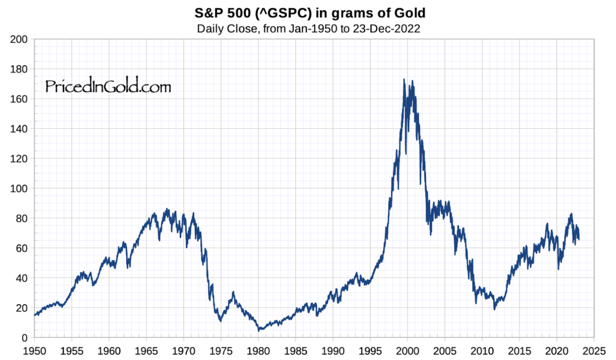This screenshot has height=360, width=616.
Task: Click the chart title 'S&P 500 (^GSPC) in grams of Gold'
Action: [x=307, y=12]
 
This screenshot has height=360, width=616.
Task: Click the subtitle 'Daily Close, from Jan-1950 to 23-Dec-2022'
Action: [x=307, y=28]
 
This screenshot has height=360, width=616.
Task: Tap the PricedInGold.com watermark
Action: [x=108, y=87]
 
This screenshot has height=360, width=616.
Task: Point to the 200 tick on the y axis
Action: [x=20, y=39]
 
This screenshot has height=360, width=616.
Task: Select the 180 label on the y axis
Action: [x=20, y=69]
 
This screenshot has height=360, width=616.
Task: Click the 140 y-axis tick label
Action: [x=20, y=129]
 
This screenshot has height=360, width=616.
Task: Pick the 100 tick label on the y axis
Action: [x=20, y=188]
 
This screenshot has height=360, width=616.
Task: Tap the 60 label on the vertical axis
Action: [x=22, y=248]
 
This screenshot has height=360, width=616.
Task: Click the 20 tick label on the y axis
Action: [x=22, y=308]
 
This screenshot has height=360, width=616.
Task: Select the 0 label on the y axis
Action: [x=25, y=338]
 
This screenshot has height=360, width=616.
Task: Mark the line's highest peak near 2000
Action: [x=404, y=79]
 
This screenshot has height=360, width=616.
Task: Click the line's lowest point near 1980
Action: [x=259, y=331]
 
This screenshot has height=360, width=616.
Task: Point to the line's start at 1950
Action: [x=35, y=315]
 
